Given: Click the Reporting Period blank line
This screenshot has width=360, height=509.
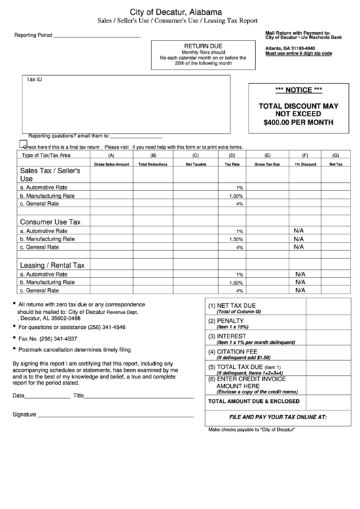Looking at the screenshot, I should coord(96,36).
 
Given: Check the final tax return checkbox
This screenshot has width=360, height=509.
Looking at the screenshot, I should coord(23,144).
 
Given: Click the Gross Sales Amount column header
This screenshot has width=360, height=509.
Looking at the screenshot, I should coord(111,164).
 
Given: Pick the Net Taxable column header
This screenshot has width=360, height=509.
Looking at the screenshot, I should coord(196,164).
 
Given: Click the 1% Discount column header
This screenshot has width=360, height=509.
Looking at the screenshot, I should coord(305,164).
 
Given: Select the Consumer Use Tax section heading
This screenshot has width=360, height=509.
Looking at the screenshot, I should coord(50,222).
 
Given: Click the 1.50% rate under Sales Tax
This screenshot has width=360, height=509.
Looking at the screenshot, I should coord(236,196).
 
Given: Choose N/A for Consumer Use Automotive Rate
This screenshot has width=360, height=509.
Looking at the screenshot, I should coord(298,231).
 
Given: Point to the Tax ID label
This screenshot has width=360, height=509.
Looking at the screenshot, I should coord(34,80).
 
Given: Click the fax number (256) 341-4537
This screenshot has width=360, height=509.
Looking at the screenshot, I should coord(57,338).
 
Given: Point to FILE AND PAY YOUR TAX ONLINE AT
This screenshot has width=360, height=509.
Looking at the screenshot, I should coord(278,416).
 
